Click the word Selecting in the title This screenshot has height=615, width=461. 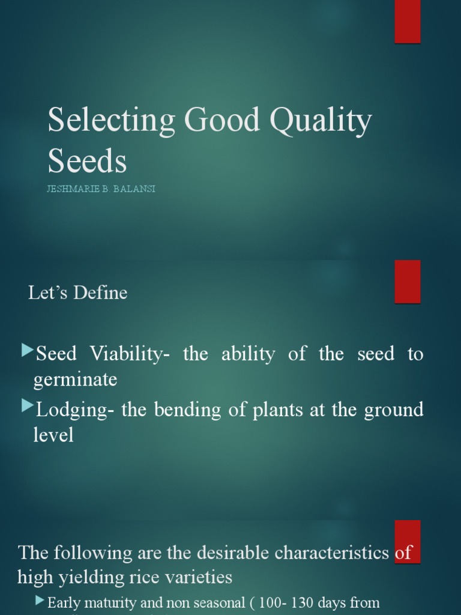(x=111, y=121)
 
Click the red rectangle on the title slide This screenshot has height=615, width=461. (x=407, y=22)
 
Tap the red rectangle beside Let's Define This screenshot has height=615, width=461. (x=407, y=282)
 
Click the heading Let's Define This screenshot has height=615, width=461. (x=78, y=293)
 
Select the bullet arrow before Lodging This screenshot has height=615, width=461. (x=27, y=407)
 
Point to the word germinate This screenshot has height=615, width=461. (x=75, y=380)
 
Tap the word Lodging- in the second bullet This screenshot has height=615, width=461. (x=76, y=410)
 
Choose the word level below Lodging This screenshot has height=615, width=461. (x=53, y=435)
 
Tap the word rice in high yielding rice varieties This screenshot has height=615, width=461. (x=145, y=578)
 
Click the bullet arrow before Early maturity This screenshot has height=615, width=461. (x=40, y=600)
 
